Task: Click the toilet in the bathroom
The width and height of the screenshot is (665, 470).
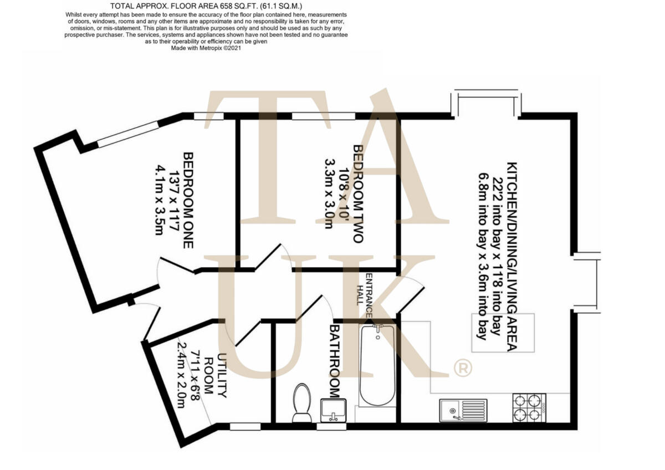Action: coord(302,403)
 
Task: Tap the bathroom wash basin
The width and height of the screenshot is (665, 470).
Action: coord(334,410)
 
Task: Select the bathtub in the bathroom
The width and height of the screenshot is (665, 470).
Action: coord(377,366)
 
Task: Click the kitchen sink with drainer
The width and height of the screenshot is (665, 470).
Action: coord(463,410)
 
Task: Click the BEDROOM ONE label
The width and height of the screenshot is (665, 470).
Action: coord(188,200)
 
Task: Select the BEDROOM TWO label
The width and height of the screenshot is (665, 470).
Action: coord(357,194)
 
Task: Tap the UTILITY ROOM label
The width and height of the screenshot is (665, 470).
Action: coord(215,375)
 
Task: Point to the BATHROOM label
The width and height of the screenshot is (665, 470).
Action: coord(334,362)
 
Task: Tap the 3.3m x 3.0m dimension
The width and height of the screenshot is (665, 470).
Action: coord(329,194)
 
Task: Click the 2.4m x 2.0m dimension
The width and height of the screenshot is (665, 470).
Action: coord(180,375)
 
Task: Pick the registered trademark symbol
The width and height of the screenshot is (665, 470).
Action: coord(463,367)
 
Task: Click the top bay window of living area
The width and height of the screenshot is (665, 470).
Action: coord(485,103)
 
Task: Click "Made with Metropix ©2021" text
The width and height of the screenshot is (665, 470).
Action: coord(206,48)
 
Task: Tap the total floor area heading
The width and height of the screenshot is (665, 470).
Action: coord(206,7)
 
